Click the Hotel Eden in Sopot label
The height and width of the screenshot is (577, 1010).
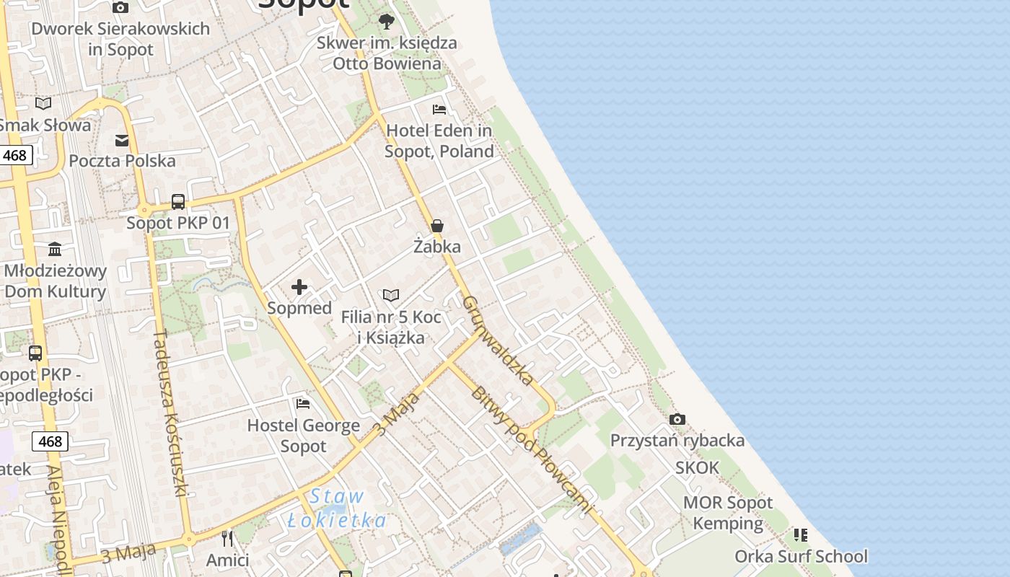tap(439, 141)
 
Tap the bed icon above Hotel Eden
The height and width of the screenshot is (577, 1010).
tap(439, 110)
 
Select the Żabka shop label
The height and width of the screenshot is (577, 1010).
tap(437, 247)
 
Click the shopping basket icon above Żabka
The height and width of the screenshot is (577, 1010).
tap(437, 226)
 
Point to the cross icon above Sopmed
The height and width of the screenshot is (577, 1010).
tap(299, 288)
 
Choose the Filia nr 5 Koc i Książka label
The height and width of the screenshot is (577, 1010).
tap(391, 327)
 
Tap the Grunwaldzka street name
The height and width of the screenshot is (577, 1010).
tap(499, 340)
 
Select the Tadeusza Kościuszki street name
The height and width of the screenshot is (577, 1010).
tap(171, 413)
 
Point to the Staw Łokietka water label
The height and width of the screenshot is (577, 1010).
tap(337, 508)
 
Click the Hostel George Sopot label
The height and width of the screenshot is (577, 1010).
tap(304, 436)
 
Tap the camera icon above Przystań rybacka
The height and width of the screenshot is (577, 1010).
tap(677, 419)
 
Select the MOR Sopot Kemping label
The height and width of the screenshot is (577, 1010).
tap(728, 513)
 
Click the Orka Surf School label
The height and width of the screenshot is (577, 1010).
tap(801, 556)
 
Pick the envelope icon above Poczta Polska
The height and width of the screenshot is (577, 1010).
tap(122, 141)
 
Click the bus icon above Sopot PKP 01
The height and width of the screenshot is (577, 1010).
tap(178, 202)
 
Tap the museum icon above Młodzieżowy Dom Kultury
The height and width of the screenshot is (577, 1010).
tap(55, 250)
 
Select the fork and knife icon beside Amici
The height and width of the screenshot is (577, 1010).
tap(227, 538)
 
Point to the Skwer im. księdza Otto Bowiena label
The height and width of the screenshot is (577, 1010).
tap(387, 53)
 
